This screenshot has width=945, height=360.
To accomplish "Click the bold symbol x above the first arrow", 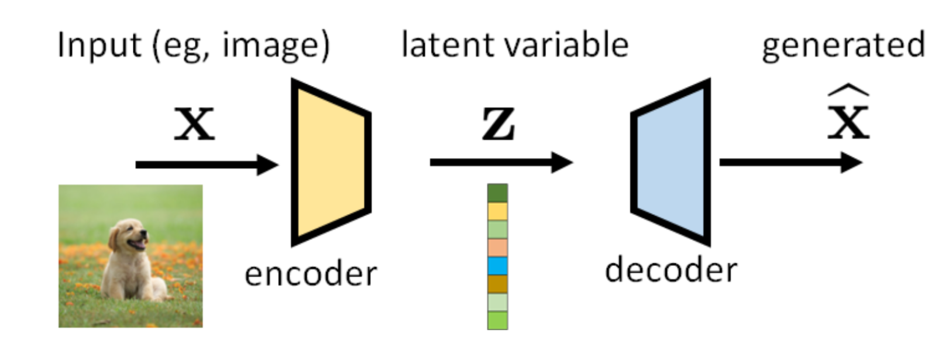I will pyautogui.click(x=194, y=124).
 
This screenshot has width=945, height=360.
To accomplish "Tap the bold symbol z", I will pyautogui.click(x=499, y=124).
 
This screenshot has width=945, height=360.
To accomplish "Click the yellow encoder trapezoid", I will pyautogui.click(x=331, y=162).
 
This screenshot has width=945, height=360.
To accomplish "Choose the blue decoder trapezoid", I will pyautogui.click(x=672, y=162).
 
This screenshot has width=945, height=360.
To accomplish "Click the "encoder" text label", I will pyautogui.click(x=311, y=274).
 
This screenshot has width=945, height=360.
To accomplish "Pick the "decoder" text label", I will pyautogui.click(x=671, y=270).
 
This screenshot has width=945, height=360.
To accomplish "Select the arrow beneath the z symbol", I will pyautogui.click(x=500, y=162).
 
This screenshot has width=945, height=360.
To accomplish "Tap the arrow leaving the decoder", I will pyautogui.click(x=790, y=162).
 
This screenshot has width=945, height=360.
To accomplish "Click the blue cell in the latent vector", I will pyautogui.click(x=497, y=266).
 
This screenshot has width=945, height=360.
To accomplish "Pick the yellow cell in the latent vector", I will pyautogui.click(x=497, y=211).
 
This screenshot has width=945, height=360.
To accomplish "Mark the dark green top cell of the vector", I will pyautogui.click(x=497, y=193).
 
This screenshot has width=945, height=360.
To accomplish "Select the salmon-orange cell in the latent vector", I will pyautogui.click(x=497, y=247).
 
